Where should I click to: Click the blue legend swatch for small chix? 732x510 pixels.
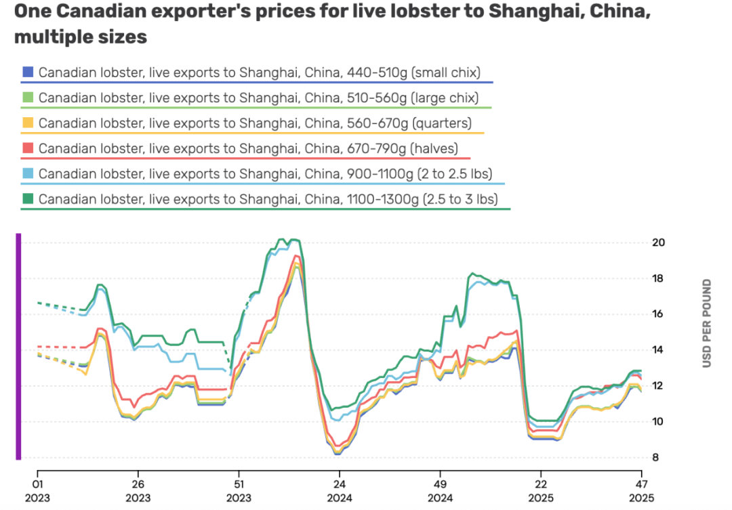coord(28,72)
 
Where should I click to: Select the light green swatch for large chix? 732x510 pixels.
coord(28,98)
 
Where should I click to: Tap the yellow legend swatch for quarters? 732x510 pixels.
coord(28,123)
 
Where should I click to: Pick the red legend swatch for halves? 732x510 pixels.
coord(28,148)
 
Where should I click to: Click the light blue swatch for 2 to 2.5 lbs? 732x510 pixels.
coord(28,174)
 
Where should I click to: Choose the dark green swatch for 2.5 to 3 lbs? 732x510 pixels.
coord(28,199)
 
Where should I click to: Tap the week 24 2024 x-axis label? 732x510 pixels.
coord(339,491)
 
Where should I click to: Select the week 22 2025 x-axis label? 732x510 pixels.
coord(540,491)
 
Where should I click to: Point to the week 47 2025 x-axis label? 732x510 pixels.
coord(640,491)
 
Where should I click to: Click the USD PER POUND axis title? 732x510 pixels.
coord(707,323)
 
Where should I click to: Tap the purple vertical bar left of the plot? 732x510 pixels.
coord(18,346)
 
